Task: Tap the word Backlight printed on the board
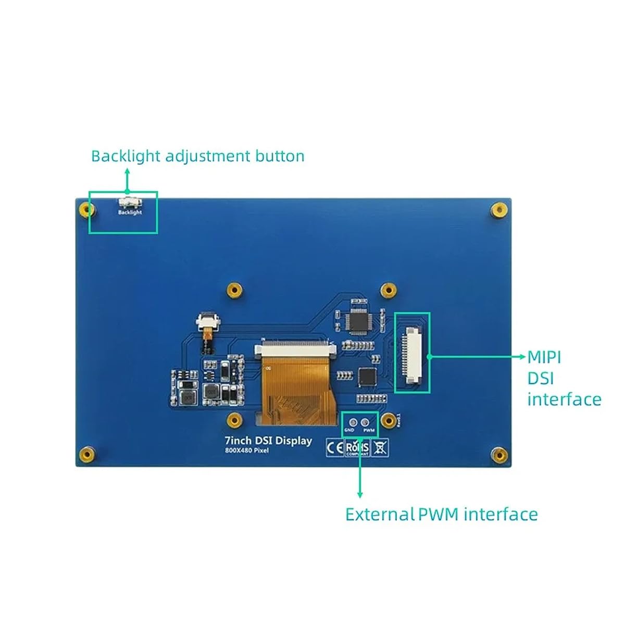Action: (x=130, y=213)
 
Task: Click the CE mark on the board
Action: (x=335, y=447)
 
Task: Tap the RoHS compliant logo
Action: (x=357, y=448)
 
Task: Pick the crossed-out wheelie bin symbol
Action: (x=380, y=447)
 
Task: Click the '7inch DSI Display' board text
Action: (x=268, y=441)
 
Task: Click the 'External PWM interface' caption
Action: (x=441, y=515)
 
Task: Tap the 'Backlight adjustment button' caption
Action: (x=197, y=156)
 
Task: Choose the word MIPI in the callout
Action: (x=544, y=357)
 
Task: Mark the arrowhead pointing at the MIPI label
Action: (x=523, y=357)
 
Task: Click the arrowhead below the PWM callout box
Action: (x=359, y=494)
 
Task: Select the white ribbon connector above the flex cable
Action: (x=294, y=349)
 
